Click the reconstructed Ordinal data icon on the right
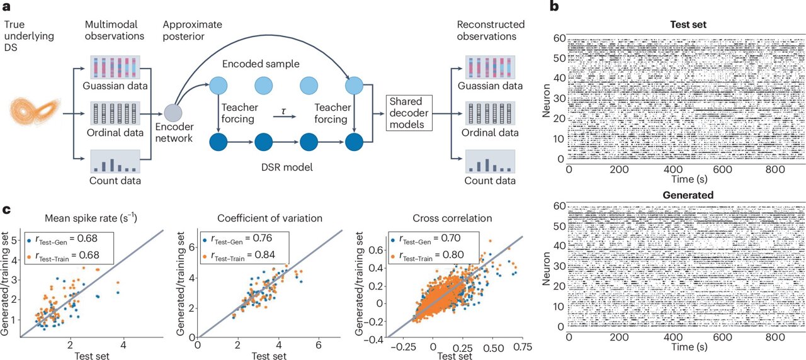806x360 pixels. [489, 115]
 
